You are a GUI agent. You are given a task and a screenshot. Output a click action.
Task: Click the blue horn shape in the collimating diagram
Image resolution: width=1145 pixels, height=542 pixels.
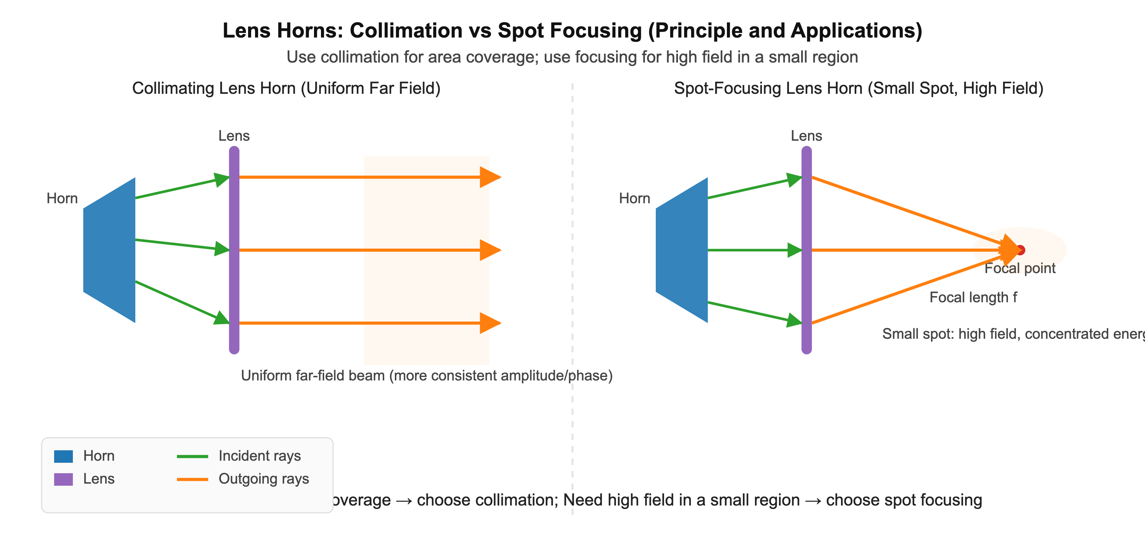pos(109,250)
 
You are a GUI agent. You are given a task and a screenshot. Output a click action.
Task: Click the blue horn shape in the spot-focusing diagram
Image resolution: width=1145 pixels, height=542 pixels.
pos(682,250)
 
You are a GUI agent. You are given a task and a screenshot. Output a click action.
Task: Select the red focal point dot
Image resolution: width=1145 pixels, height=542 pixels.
pos(1021,250)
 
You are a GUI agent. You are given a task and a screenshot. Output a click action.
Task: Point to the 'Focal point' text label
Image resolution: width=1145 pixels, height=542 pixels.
pos(1020,268)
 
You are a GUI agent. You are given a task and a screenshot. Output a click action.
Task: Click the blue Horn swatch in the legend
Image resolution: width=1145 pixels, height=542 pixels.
pos(63,457)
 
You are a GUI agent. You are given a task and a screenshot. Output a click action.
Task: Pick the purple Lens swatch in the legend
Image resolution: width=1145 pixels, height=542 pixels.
pos(63,479)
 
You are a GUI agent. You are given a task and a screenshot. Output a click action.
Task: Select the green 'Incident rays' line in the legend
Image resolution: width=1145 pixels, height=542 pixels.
pos(193,457)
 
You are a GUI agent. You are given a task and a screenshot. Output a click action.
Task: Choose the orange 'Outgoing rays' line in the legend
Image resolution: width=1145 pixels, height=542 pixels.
pos(193,479)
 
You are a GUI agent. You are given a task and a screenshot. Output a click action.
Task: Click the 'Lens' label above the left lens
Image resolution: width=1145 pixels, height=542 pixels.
pos(234,136)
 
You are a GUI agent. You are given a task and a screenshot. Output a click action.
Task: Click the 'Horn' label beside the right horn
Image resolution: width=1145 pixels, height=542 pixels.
pos(634,198)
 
